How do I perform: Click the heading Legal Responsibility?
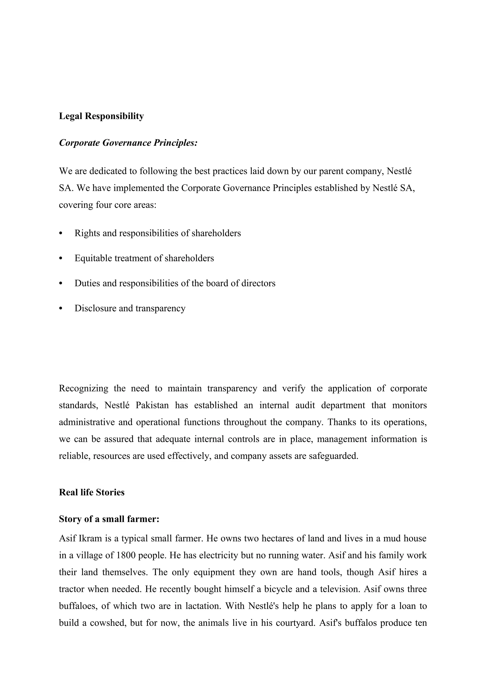pos(101,116)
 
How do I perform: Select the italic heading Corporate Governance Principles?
pos(128,143)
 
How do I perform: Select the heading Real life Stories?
pos(91,492)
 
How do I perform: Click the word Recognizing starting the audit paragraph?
pos(83,388)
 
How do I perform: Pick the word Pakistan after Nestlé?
pos(152,405)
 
